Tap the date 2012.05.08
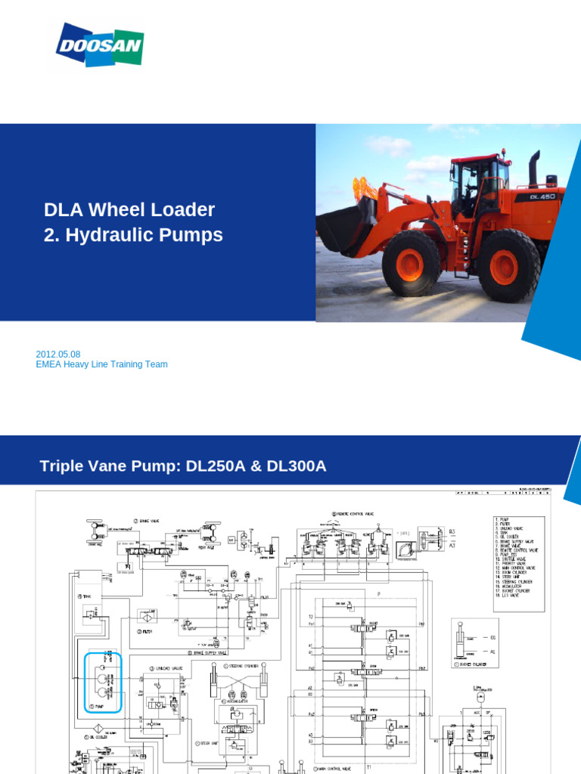tap(58, 354)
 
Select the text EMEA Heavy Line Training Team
tap(101, 364)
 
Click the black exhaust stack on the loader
tap(534, 168)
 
